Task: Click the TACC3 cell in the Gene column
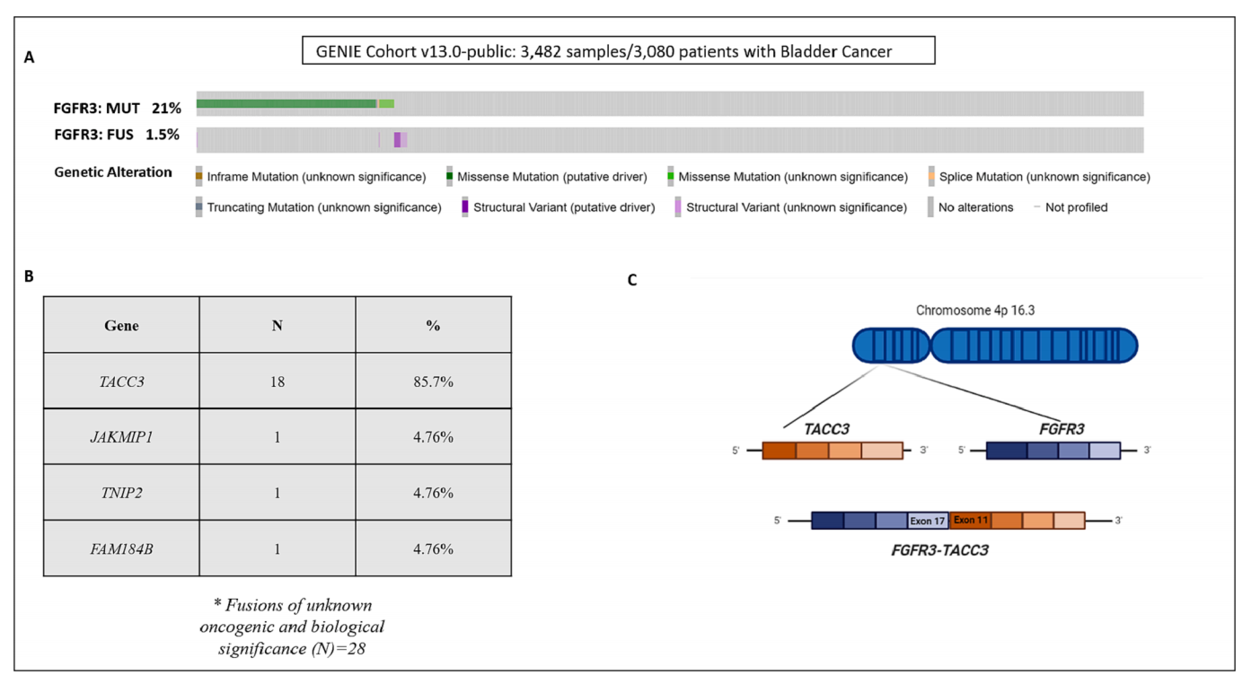point(121,381)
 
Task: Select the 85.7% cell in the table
point(433,381)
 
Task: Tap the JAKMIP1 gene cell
point(121,437)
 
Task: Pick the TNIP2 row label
point(121,493)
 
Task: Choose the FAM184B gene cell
point(121,548)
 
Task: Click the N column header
point(277,326)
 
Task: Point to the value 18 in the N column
point(277,381)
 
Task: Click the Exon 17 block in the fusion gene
point(928,521)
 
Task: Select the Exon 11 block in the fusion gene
point(971,520)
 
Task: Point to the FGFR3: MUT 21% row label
point(117,108)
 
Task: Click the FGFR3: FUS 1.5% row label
point(117,136)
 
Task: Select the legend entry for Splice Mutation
point(1044,177)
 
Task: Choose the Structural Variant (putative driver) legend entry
point(563,207)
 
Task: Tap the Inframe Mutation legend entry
point(315,177)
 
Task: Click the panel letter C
point(632,280)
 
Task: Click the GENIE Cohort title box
point(618,51)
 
